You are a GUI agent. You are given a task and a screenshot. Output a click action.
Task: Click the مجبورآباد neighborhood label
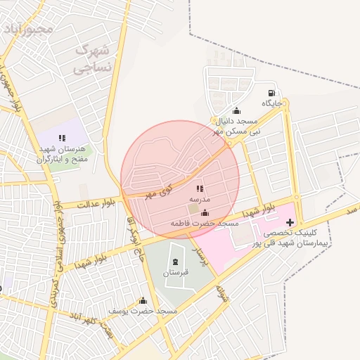27,30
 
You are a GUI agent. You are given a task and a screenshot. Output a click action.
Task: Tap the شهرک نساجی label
92,59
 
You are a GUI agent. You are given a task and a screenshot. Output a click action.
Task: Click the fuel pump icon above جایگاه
271,94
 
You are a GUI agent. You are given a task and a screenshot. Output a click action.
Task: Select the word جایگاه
272,104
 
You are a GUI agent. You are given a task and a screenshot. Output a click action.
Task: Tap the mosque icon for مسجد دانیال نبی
236,110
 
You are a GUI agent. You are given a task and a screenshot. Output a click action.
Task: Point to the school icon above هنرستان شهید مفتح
62,139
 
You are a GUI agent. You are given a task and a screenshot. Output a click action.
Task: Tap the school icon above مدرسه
199,188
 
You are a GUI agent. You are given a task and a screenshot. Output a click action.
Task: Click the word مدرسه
199,200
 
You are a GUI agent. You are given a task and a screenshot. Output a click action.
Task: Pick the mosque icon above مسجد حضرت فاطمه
205,213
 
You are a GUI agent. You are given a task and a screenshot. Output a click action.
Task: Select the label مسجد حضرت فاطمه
205,223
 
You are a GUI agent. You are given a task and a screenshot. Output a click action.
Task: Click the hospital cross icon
290,222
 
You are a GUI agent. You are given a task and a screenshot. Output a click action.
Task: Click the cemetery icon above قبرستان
175,262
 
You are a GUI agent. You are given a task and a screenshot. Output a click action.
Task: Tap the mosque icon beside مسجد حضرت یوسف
143,301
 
